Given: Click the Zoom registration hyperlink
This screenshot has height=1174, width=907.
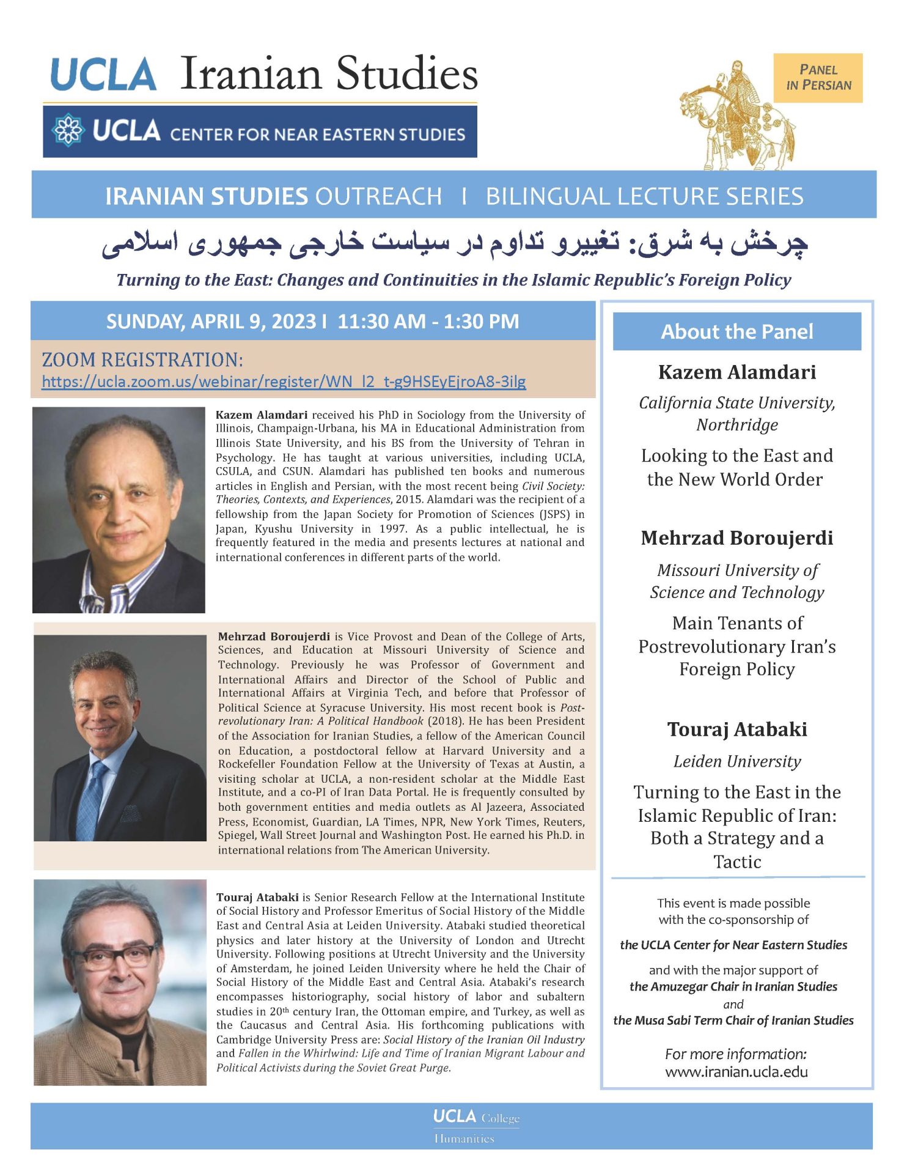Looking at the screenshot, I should point(284,382).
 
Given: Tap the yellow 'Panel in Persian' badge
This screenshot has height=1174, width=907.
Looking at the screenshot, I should point(818,78).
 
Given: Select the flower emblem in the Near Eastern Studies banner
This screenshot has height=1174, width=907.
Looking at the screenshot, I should point(68,131).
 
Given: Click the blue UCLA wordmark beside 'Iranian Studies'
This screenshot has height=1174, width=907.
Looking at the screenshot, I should point(104,75).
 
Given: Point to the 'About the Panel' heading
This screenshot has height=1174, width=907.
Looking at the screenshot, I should point(736,331).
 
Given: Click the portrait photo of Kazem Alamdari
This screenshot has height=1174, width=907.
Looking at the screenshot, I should point(119,510).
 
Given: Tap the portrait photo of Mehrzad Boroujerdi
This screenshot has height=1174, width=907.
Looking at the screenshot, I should point(120,737).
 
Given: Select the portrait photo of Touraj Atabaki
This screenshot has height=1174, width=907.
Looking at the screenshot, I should point(120,982).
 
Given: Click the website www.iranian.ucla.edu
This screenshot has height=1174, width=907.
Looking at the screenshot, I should point(736,1072).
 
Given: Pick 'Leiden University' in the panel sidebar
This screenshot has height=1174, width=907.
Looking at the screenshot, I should point(736,761).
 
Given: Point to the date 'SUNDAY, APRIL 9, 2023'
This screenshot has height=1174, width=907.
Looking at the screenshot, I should point(211,322).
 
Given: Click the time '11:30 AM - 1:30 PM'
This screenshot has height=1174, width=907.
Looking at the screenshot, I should point(428,322).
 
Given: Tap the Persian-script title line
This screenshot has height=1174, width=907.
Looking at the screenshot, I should point(455,243).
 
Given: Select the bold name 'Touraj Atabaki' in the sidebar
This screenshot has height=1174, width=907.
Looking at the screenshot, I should point(736,729).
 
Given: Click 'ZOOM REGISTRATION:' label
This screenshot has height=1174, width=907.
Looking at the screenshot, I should point(142,360).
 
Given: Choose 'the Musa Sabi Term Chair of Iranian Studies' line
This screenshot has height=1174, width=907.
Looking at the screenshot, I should point(733,1021).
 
